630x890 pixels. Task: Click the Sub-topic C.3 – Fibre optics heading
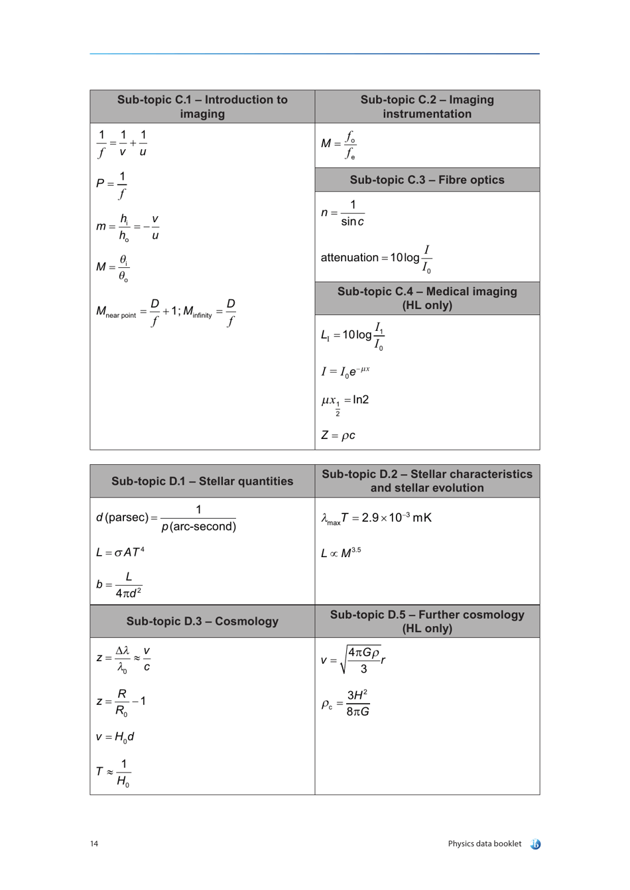pyautogui.click(x=427, y=180)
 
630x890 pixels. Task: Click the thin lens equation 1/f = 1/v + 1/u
pyautogui.click(x=122, y=143)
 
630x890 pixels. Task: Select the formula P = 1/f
pyautogui.click(x=111, y=184)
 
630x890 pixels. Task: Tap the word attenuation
pyautogui.click(x=349, y=257)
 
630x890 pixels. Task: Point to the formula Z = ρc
pyautogui.click(x=338, y=435)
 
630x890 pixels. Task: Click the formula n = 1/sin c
pyautogui.click(x=343, y=213)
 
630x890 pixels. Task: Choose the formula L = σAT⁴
pyautogui.click(x=120, y=552)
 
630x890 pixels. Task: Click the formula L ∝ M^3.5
pyautogui.click(x=341, y=552)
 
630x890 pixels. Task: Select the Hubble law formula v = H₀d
pyautogui.click(x=115, y=737)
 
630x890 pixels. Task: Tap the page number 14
pyautogui.click(x=94, y=844)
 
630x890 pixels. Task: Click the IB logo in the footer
pyautogui.click(x=536, y=844)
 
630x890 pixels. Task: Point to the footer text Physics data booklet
pyautogui.click(x=484, y=844)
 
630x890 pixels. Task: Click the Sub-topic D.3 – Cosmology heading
pyautogui.click(x=202, y=621)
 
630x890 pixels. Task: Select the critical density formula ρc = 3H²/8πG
pyautogui.click(x=346, y=703)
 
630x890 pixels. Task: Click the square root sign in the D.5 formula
pyautogui.click(x=344, y=660)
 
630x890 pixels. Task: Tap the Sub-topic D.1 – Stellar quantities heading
pyautogui.click(x=202, y=481)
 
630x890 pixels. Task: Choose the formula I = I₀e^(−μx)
pyautogui.click(x=346, y=371)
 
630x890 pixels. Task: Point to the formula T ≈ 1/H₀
pyautogui.click(x=113, y=773)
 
